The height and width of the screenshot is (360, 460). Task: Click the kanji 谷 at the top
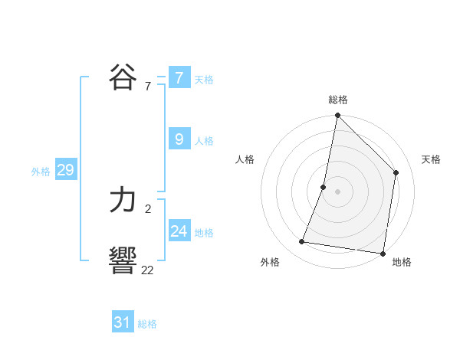(123, 77)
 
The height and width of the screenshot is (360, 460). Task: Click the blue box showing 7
(179, 78)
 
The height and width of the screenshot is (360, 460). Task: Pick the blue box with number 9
(179, 139)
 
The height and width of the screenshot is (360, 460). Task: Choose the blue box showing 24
(179, 231)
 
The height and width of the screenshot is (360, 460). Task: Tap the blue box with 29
(65, 170)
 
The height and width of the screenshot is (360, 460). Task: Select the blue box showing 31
(123, 322)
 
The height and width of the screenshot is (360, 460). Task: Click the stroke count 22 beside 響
(147, 269)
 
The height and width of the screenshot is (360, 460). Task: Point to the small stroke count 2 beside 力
(147, 208)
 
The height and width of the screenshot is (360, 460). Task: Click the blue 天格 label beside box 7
(204, 80)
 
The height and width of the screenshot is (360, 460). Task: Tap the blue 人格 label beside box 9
(204, 141)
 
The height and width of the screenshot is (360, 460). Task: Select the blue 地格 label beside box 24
(204, 233)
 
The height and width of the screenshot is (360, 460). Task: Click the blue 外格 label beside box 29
(41, 172)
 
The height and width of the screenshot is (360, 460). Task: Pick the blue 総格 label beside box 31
(147, 324)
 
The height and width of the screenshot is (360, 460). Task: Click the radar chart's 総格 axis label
(338, 100)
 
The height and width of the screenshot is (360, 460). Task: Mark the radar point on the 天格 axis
(396, 172)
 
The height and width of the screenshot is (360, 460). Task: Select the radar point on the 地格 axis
(382, 253)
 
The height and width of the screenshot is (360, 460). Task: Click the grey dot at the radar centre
(338, 191)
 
